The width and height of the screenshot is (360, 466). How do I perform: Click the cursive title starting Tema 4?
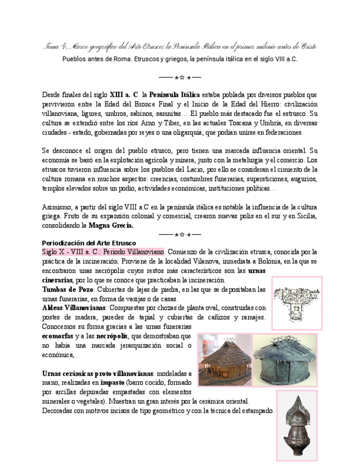(x=180, y=46)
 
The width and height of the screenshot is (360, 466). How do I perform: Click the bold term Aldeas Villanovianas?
(x=74, y=308)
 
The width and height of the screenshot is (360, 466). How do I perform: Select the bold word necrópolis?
(x=113, y=335)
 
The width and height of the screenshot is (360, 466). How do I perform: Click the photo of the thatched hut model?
(x=224, y=359)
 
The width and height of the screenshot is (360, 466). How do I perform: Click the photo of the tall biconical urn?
(x=297, y=426)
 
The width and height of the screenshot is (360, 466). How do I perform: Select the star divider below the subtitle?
(x=180, y=77)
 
